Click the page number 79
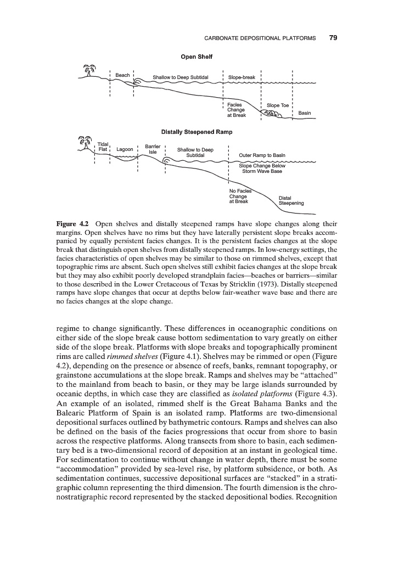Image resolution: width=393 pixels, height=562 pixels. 333,38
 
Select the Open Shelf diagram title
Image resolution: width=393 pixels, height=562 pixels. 196,57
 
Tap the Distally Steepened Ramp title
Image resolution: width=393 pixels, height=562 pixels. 196,132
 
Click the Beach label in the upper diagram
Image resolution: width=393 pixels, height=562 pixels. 122,75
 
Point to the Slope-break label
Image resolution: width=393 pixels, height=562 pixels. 242,77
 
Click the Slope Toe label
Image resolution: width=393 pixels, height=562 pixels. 277,105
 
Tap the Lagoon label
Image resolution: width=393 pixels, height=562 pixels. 125,149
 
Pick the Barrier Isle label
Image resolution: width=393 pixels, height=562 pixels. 151,149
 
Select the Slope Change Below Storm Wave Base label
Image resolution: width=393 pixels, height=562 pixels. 262,168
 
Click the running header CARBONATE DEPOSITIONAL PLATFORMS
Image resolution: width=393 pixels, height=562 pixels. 260,38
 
